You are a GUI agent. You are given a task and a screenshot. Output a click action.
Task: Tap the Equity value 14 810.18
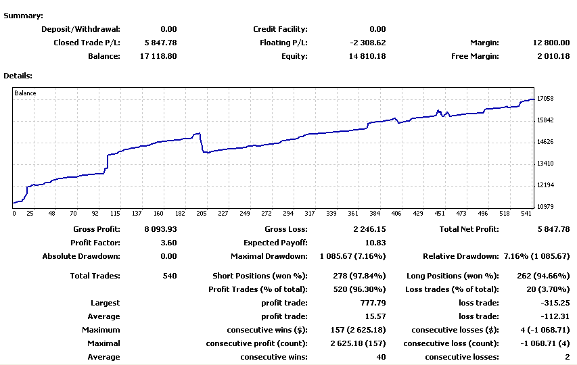click(363, 56)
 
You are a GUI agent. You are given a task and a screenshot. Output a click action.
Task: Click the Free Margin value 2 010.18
click(549, 56)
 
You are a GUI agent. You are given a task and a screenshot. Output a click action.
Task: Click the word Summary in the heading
click(22, 16)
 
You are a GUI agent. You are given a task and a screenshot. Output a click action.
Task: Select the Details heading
click(18, 76)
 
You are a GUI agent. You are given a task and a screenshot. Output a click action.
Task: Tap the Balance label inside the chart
click(25, 93)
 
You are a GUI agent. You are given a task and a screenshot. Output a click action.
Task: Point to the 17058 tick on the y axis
click(545, 99)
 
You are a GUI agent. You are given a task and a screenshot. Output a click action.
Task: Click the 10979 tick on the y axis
click(545, 207)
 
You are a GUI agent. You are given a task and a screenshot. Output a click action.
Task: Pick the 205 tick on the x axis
click(201, 213)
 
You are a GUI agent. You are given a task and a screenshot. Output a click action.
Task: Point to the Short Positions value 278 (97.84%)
click(360, 276)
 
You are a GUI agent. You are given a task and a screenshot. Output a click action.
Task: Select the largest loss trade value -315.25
click(555, 303)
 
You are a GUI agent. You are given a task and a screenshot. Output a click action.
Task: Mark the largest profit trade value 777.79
click(373, 303)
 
